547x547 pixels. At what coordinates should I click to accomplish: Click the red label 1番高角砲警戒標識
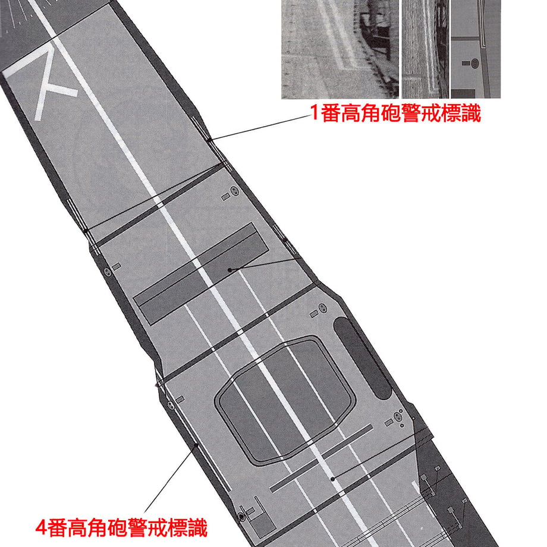(395, 113)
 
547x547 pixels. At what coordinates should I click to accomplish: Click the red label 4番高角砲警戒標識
(121, 527)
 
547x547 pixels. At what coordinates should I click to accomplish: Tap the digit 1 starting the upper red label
(315, 113)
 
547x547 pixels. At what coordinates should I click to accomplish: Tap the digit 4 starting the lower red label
(41, 527)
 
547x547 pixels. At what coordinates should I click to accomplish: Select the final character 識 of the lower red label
(197, 527)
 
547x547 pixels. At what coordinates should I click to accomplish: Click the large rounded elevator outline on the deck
(285, 401)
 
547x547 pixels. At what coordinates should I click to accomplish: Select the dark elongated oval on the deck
(362, 358)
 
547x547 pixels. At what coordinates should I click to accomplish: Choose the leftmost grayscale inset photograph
(340, 49)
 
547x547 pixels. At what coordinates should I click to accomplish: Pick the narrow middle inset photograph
(425, 49)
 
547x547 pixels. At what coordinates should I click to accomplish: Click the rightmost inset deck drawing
(476, 49)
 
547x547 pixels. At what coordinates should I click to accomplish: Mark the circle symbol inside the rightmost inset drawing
(474, 63)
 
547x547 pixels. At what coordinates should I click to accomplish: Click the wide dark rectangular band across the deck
(202, 274)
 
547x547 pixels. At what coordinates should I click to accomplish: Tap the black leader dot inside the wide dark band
(230, 270)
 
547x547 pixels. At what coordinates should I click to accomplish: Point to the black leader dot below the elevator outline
(333, 479)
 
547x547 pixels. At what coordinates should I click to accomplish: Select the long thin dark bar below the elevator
(322, 458)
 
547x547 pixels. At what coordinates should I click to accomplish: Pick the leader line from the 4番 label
(171, 479)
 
